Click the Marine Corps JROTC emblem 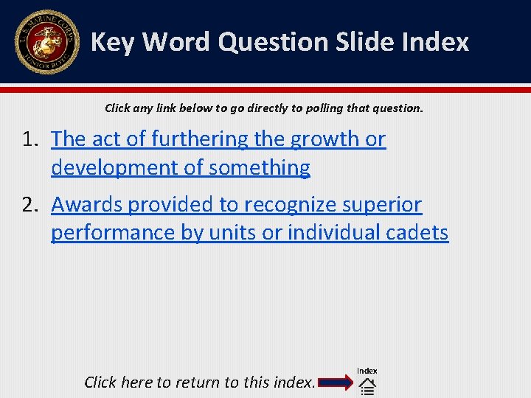click(46, 42)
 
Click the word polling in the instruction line click(319, 108)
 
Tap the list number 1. click(29, 139)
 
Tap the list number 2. click(29, 205)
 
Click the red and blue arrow click(336, 383)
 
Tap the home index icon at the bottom click(367, 386)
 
